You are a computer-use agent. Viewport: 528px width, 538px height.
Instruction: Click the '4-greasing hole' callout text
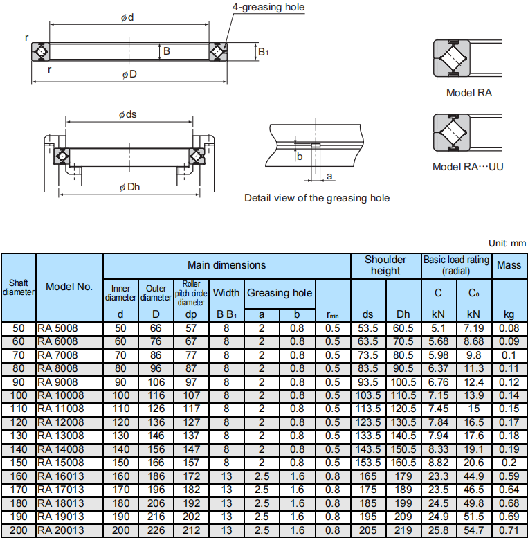[x=268, y=7]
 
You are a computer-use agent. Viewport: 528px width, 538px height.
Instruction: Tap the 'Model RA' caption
[x=469, y=93]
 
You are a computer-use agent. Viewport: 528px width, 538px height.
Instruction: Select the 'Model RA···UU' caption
[x=468, y=167]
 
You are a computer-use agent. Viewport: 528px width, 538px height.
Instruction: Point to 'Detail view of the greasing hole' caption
[x=317, y=198]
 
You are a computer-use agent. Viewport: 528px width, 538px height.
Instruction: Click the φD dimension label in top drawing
[x=129, y=74]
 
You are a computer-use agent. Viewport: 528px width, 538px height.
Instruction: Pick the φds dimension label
[x=127, y=114]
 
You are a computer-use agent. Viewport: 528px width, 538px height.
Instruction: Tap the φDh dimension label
[x=129, y=187]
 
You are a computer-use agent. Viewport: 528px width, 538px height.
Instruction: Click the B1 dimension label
[x=263, y=52]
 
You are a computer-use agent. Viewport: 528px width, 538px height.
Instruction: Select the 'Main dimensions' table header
[x=226, y=265]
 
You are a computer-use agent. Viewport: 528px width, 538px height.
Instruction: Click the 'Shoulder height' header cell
[x=385, y=265]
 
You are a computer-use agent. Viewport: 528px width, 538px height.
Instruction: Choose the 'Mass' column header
[x=509, y=265]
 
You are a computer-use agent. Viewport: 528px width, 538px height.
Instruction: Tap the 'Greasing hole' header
[x=280, y=293]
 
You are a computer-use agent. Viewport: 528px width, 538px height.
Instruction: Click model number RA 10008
[x=60, y=395]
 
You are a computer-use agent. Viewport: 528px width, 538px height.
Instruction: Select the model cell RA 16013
[x=60, y=476]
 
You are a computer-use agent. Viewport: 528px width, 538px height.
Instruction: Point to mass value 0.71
[x=509, y=530]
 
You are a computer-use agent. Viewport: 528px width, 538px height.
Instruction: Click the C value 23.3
[x=438, y=476]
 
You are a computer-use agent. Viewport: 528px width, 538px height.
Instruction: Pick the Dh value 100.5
[x=403, y=382]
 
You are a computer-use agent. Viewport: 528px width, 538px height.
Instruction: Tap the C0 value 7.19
[x=473, y=328]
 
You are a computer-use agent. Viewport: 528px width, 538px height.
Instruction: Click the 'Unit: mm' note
[x=507, y=243]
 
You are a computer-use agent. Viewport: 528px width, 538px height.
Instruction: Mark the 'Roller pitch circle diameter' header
[x=191, y=293]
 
